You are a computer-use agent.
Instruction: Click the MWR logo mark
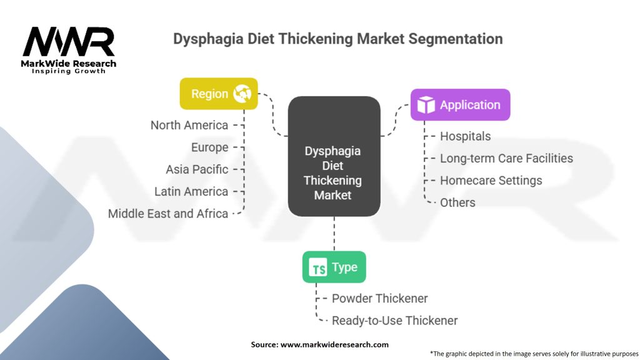[x=69, y=42]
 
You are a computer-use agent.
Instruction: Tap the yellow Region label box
[x=218, y=94]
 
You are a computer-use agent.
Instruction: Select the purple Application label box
[x=460, y=105]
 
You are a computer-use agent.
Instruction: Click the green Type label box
[x=334, y=267]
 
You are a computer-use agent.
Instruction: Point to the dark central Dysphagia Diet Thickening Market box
[x=334, y=156]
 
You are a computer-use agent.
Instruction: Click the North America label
[x=189, y=125]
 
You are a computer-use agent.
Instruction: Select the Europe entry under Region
[x=210, y=147]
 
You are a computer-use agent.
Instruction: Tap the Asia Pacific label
[x=197, y=169]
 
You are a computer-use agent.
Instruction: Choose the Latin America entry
[x=191, y=191]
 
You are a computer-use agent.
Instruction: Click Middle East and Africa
[x=168, y=213]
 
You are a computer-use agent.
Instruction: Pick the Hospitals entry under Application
[x=466, y=136]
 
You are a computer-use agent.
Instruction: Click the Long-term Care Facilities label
[x=506, y=158]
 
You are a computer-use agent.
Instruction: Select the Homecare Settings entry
[x=491, y=181]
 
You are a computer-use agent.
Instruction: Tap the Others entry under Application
[x=457, y=202]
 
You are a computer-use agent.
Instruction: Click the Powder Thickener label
[x=380, y=298]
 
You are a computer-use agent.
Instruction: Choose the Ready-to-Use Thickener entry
[x=395, y=321]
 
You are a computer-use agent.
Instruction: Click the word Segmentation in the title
[x=456, y=39]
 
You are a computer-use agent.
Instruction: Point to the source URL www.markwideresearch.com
[x=334, y=344]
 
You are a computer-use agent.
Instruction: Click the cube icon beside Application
[x=426, y=105]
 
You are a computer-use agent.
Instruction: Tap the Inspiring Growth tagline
[x=69, y=71]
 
